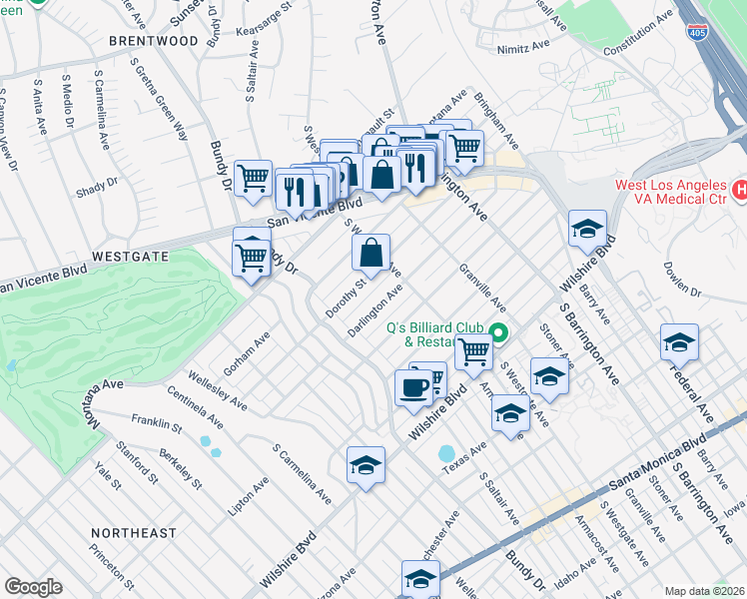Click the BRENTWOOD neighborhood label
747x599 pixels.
(x=153, y=41)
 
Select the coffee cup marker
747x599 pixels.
(x=413, y=387)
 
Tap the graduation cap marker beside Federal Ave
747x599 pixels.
(x=679, y=343)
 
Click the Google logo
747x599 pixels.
(x=33, y=587)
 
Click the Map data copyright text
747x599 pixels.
(x=705, y=591)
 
